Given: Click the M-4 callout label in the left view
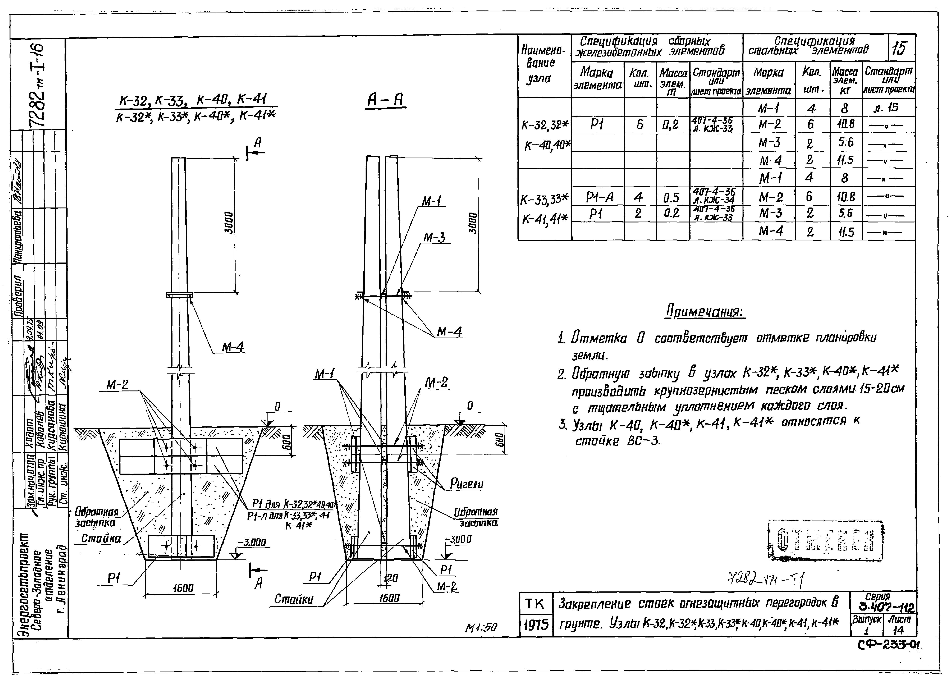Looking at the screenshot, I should pos(233,347).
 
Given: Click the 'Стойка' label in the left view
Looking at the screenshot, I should pos(101,538).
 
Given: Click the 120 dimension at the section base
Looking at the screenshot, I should pos(390,578).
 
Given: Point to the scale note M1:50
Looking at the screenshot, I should pos(481,628).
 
